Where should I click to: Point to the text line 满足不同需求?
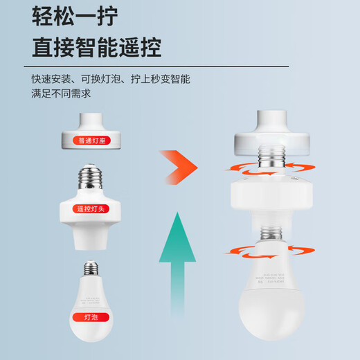[61, 94]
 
